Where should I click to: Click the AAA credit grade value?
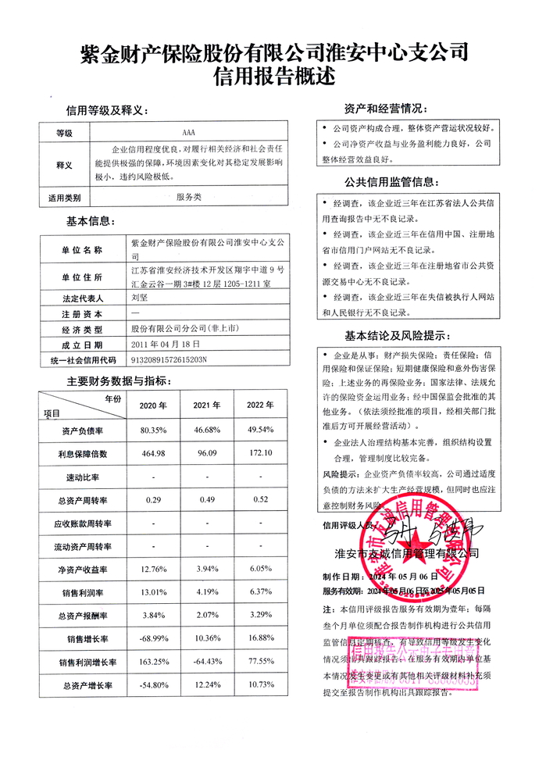[x=188, y=133]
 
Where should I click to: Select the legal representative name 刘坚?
[x=139, y=297]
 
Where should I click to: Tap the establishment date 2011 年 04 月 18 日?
[x=166, y=343]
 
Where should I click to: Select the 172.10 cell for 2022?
[x=260, y=453]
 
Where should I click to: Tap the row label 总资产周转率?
[x=83, y=499]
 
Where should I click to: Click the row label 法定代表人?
[x=81, y=298]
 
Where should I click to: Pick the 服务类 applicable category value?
[x=188, y=198]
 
